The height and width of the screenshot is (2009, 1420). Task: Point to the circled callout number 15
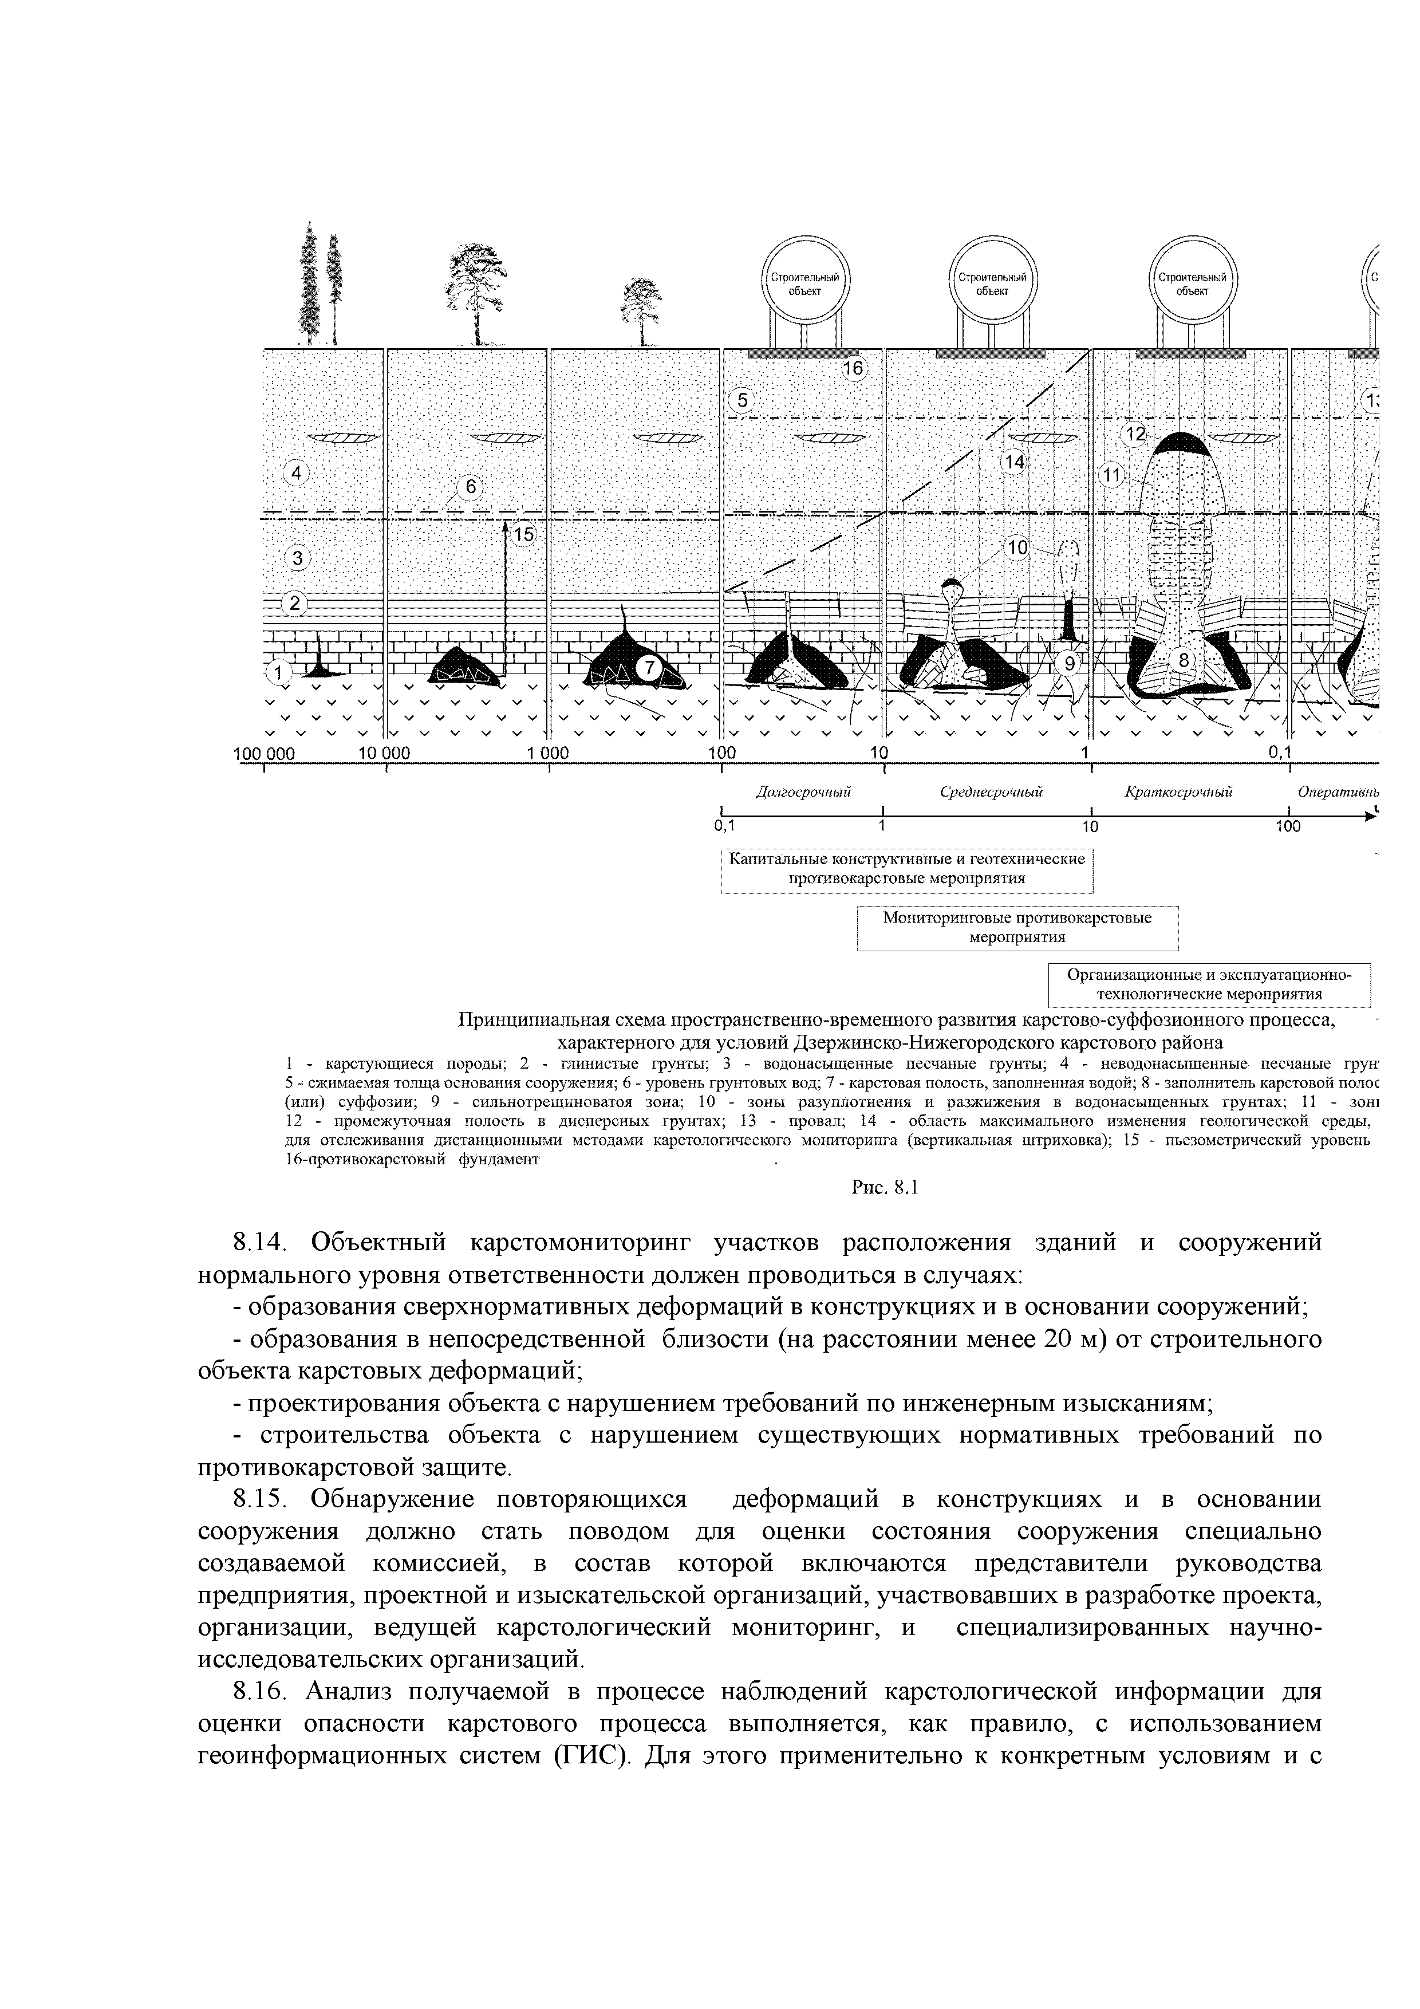coord(523,535)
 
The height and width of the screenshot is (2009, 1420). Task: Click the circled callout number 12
coord(1135,434)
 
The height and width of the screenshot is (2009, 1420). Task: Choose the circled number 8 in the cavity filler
coord(1183,661)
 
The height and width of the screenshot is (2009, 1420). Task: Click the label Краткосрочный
coord(1178,793)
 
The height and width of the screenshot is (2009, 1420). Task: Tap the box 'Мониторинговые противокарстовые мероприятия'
coord(1017,928)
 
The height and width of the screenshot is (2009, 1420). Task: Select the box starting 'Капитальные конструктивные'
coord(908,869)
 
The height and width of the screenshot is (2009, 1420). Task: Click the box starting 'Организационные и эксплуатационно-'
coord(1208,985)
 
